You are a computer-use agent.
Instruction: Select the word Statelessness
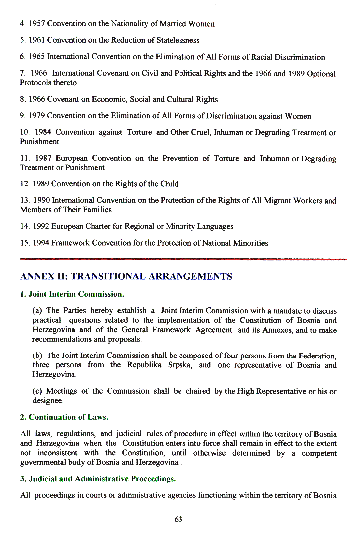tap(175, 40)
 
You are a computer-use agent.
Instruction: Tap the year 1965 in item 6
tap(38, 57)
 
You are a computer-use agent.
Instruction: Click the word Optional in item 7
tap(321, 74)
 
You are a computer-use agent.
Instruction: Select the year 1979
tap(38, 116)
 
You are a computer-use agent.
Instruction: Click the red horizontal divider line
tap(183, 259)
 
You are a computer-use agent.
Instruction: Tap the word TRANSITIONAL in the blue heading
tap(111, 277)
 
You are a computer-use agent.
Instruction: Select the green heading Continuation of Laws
tap(68, 417)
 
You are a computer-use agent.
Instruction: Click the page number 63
tap(179, 519)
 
